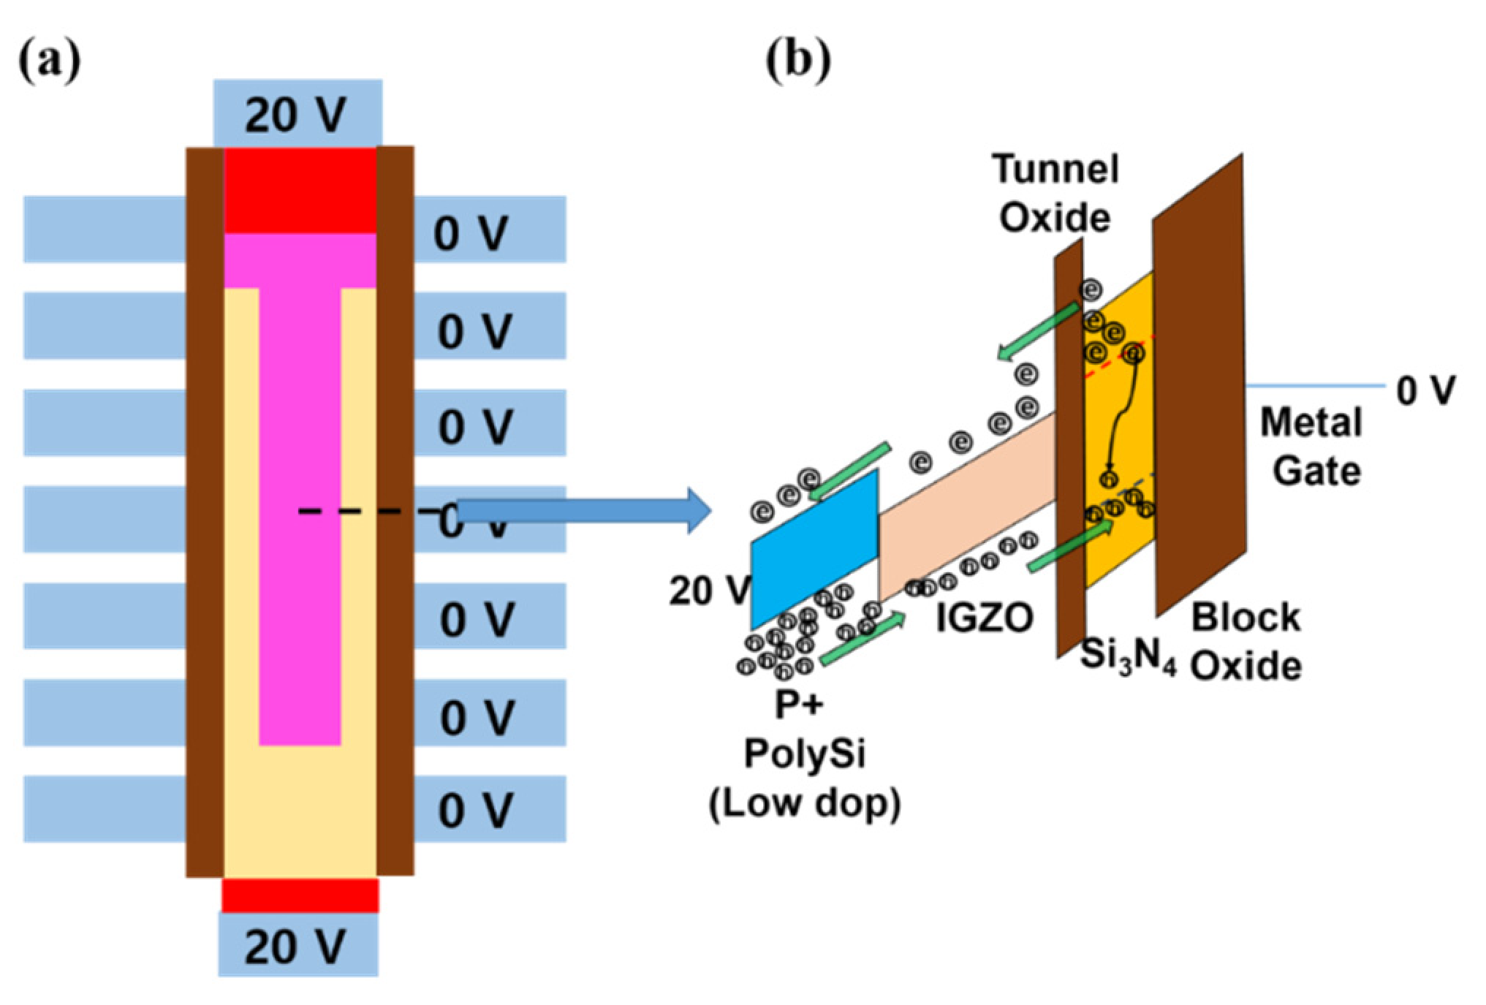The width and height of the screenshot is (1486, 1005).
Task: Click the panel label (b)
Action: point(797,60)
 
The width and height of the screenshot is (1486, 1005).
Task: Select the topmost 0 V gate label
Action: point(471,234)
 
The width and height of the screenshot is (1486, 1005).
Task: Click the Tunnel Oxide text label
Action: point(1055,194)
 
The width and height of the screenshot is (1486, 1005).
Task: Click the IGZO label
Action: point(985,618)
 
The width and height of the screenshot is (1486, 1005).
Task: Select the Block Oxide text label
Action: point(1246,641)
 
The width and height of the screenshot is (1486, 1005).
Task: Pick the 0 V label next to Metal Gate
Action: point(1425,390)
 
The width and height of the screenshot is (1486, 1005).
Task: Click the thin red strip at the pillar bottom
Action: point(300,896)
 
